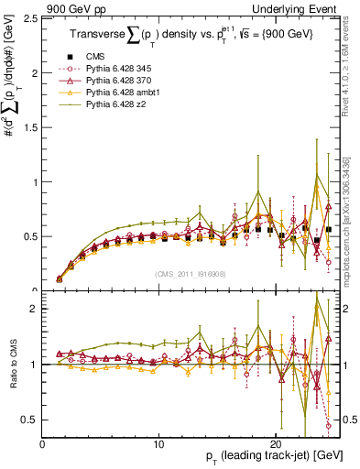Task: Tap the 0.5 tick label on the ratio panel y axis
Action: pos(30,420)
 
